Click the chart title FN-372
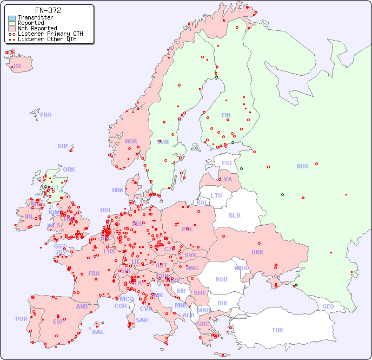pyautogui.click(x=48, y=10)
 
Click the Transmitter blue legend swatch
pyautogui.click(x=12, y=18)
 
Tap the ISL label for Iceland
pyautogui.click(x=18, y=67)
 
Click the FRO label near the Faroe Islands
pyautogui.click(x=46, y=115)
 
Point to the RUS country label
pyautogui.click(x=302, y=166)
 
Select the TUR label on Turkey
pyautogui.click(x=277, y=330)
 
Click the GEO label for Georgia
pyautogui.click(x=328, y=306)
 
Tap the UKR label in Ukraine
pyautogui.click(x=257, y=252)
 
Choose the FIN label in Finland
pyautogui.click(x=226, y=115)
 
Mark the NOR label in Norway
pyautogui.click(x=131, y=141)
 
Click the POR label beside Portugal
pyautogui.click(x=21, y=319)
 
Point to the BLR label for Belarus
pyautogui.click(x=235, y=215)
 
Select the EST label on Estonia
pyautogui.click(x=227, y=163)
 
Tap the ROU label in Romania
pyautogui.click(x=221, y=279)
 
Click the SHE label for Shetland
pyautogui.click(x=63, y=146)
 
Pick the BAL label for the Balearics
pyautogui.click(x=97, y=332)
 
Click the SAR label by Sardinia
pyautogui.click(x=142, y=319)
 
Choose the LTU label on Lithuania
pyautogui.click(x=216, y=195)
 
